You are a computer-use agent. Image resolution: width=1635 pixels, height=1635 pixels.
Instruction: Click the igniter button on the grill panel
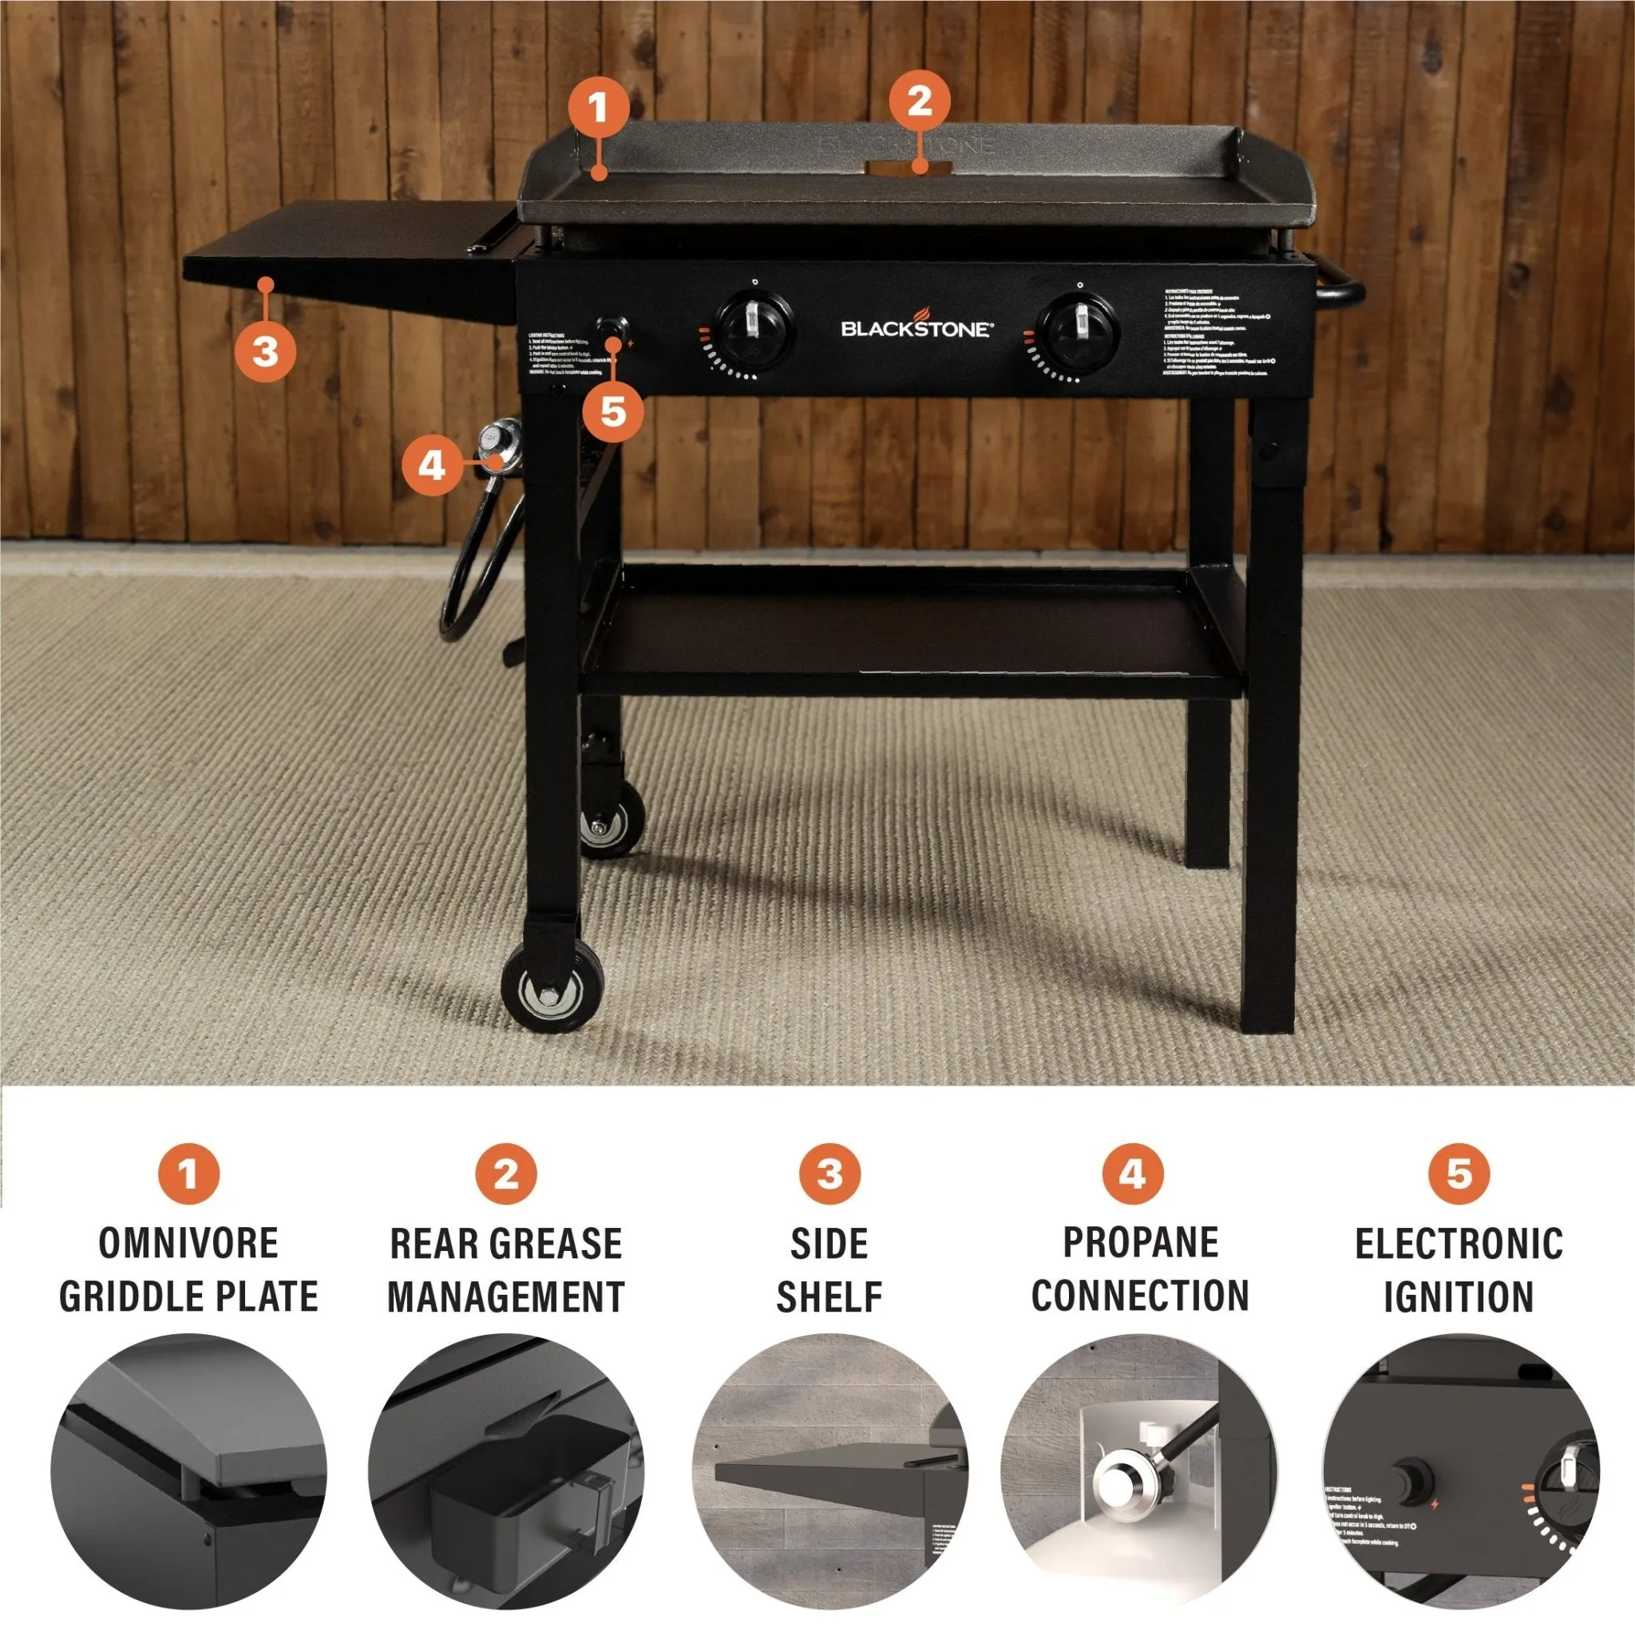[x=610, y=327]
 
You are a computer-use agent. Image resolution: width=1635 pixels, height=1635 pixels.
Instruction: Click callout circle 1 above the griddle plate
[x=598, y=108]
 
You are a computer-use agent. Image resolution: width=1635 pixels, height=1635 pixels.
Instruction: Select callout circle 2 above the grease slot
[x=919, y=101]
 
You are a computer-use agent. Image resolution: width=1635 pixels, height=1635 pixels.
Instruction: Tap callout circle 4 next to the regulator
[x=432, y=464]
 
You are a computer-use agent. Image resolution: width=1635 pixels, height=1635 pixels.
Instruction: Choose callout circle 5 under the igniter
[x=612, y=412]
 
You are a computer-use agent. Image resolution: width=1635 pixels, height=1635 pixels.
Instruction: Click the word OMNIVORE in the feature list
[x=188, y=1243]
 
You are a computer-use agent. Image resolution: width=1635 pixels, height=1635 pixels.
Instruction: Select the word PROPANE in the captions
[x=1140, y=1242]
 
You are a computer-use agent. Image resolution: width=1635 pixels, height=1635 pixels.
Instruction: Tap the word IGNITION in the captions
[x=1458, y=1297]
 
